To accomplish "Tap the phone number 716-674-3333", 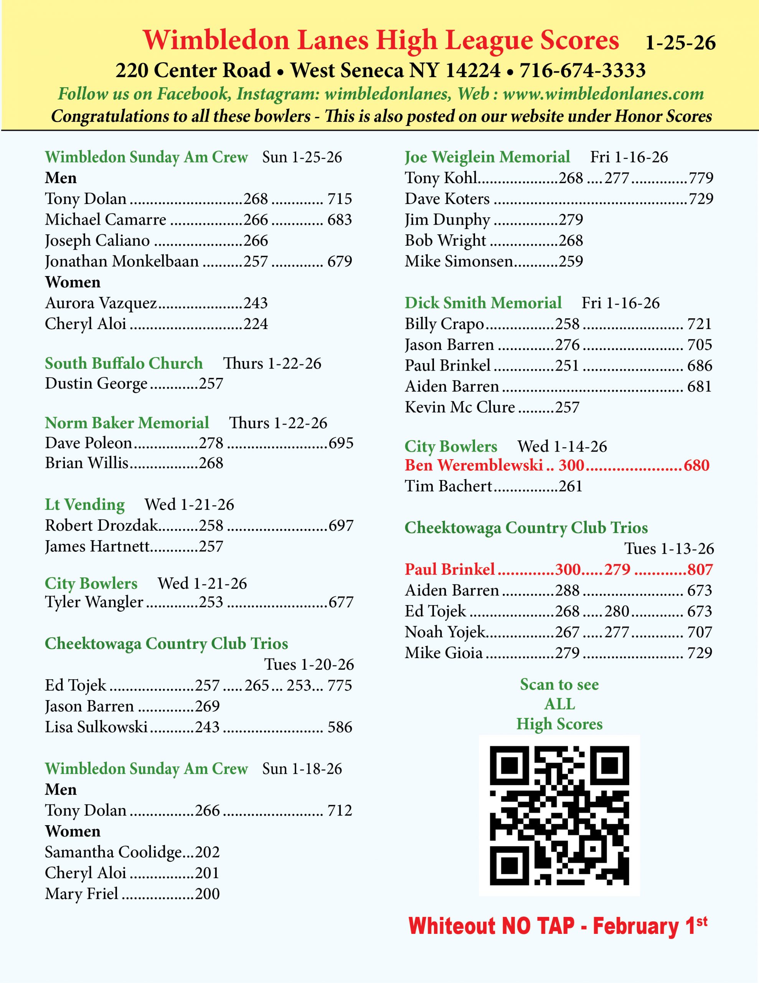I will tap(582, 70).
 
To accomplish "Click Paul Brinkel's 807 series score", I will tap(700, 569).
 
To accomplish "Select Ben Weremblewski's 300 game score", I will tap(571, 465).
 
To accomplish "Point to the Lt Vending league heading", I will tap(84, 504).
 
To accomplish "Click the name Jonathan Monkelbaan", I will tap(122, 261).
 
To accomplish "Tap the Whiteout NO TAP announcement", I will tap(558, 926).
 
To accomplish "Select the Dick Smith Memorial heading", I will tap(483, 303).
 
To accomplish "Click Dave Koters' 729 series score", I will tap(701, 199).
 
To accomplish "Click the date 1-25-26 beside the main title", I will tap(680, 43).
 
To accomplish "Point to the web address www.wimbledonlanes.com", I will tap(603, 94).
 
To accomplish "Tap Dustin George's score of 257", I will tap(211, 384).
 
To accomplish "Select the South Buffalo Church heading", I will tap(124, 363).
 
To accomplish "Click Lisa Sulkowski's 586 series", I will tap(340, 727).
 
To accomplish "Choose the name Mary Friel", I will tap(81, 894).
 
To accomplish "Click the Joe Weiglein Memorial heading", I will tap(487, 157).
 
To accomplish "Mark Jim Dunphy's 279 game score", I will tap(571, 219).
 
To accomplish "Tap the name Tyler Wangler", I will tap(94, 602).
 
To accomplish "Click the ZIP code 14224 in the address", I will tap(472, 70).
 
